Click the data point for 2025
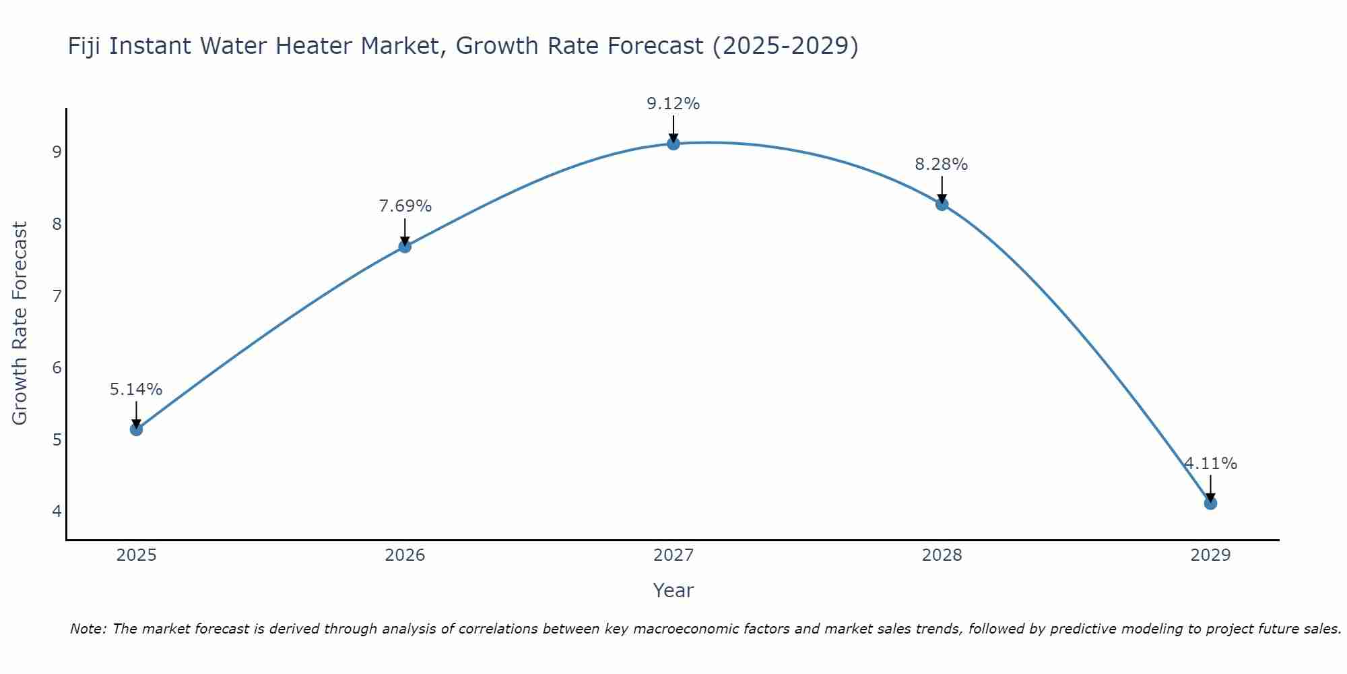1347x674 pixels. coord(136,429)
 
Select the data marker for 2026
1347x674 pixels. coord(405,247)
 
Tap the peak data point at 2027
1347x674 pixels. coord(673,144)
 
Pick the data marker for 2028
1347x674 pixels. coord(942,204)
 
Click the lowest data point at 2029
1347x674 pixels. coord(1210,503)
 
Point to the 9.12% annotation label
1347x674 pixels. coord(673,104)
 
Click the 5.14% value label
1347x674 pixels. coord(136,390)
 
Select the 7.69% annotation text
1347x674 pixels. coord(405,206)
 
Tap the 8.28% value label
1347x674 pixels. coord(941,164)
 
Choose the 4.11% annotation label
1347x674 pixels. coord(1210,464)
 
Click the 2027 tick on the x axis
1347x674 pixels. coord(673,555)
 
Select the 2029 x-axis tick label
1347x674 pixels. coord(1210,555)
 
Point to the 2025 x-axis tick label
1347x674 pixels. coord(136,555)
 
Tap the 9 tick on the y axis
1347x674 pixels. coord(57,152)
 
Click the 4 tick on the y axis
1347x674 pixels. coord(57,511)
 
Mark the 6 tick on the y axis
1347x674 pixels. coord(57,367)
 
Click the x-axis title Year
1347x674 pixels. coord(673,590)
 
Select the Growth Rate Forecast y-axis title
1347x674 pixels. coord(20,324)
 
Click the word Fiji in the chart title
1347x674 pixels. coord(85,47)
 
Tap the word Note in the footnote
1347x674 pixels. coord(88,629)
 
